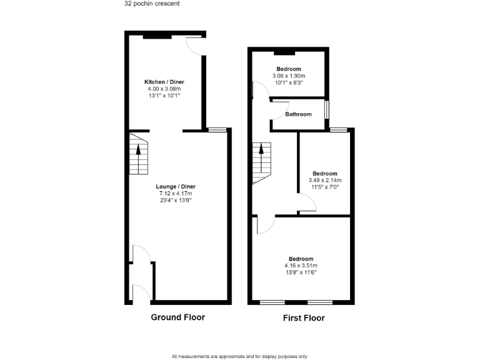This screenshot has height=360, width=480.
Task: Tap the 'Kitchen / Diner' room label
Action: point(164,82)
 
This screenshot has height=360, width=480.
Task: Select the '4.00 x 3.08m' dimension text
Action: point(164,89)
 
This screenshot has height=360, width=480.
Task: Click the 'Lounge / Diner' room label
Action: point(176,186)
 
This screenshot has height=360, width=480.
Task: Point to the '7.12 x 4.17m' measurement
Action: point(176,193)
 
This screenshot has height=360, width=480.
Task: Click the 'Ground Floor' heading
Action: point(177,317)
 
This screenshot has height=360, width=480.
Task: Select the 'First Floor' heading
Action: point(304,317)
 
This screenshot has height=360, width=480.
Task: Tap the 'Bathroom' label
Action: point(298,114)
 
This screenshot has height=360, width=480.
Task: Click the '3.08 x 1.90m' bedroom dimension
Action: point(288,76)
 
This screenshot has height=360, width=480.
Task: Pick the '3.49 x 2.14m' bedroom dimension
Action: point(325,180)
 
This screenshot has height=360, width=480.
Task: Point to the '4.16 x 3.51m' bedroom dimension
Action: point(301,265)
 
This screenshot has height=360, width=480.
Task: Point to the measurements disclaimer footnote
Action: point(239,356)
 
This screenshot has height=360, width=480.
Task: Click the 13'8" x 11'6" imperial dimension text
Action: point(301,272)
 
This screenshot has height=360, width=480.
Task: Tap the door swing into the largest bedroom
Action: point(262,225)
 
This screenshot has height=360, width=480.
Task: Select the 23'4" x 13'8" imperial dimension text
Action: point(176,200)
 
